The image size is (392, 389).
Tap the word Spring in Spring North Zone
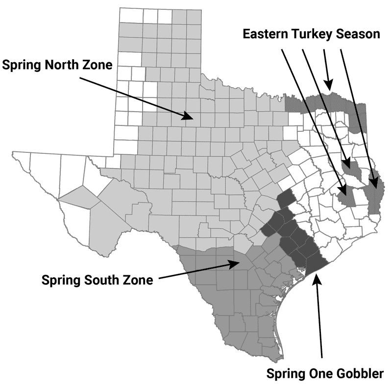pyautogui.click(x=21, y=65)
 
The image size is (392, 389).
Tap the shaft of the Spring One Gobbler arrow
pyautogui.click(x=319, y=318)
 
